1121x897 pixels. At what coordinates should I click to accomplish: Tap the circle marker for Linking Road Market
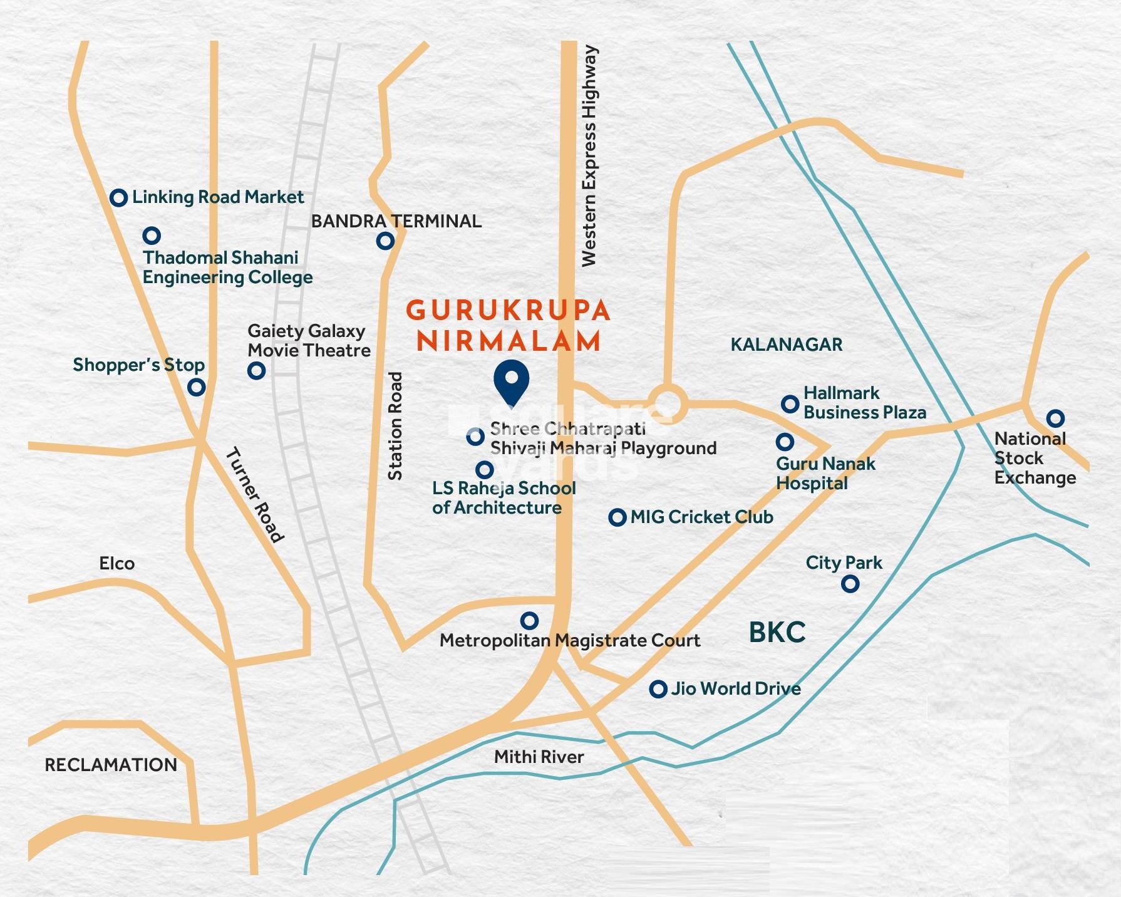click(x=118, y=198)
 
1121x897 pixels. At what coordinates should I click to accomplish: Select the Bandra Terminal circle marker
click(x=385, y=241)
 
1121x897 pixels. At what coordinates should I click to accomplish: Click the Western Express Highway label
click(x=589, y=157)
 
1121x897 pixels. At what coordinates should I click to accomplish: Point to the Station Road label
click(x=395, y=427)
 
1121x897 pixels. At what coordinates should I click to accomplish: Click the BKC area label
click(x=777, y=633)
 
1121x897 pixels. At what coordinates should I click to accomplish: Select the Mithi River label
click(x=539, y=757)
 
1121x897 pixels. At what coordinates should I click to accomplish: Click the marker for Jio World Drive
click(x=658, y=689)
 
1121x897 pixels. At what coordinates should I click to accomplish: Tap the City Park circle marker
click(x=850, y=584)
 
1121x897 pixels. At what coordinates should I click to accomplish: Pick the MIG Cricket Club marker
click(x=617, y=517)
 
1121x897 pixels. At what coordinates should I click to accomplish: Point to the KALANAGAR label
click(x=787, y=345)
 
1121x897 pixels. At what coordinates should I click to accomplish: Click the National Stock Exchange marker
click(x=1055, y=418)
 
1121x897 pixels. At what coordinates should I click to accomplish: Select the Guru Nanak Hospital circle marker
click(x=784, y=442)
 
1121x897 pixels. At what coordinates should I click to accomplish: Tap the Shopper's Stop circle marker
click(x=197, y=387)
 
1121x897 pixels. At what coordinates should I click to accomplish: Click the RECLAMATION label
click(x=111, y=765)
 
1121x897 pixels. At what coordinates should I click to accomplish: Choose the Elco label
click(x=116, y=564)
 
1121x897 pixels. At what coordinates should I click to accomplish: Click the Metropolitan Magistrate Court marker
click(x=529, y=621)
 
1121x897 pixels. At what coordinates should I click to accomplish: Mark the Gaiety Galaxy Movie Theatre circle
click(x=256, y=370)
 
